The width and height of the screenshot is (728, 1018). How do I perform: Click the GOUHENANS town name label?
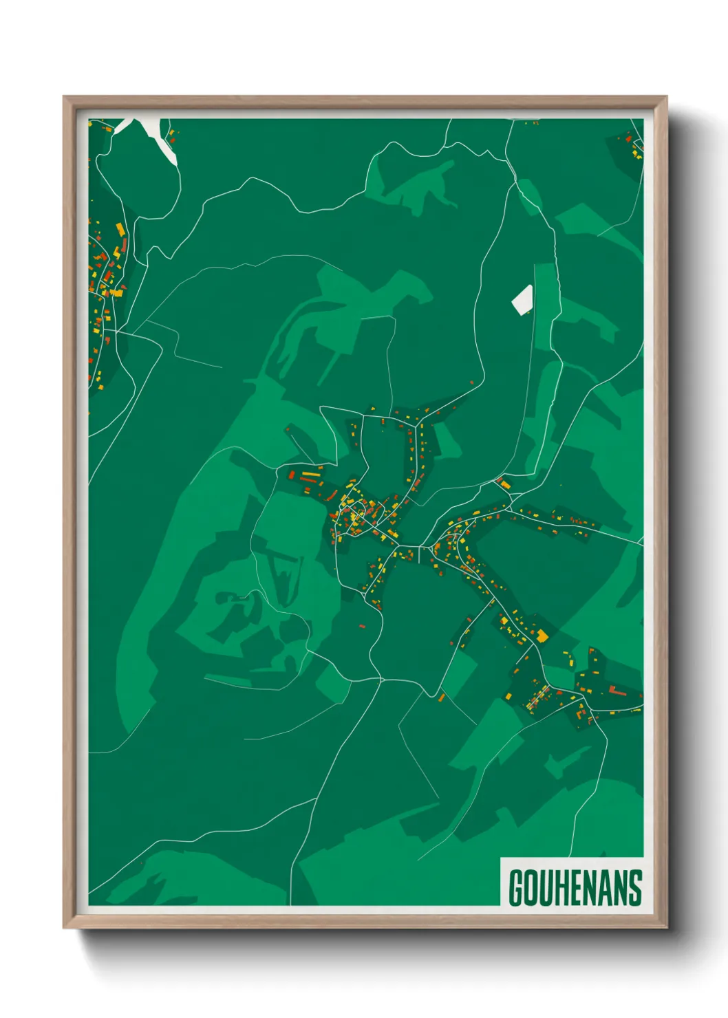[x=575, y=887]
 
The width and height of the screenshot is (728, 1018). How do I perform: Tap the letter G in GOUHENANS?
[x=516, y=887]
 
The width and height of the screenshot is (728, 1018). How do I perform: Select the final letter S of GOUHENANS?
[x=634, y=887]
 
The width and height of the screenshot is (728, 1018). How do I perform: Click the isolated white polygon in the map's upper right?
[x=523, y=299]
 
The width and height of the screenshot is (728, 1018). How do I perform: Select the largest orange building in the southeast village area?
[x=542, y=636]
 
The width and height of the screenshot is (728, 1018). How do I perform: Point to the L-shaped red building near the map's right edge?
[x=614, y=690]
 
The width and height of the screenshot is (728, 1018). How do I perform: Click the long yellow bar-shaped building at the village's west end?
[x=310, y=473]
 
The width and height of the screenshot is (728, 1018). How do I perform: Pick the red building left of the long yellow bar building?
[x=292, y=475]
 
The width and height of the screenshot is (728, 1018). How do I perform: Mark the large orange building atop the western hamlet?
[x=120, y=229]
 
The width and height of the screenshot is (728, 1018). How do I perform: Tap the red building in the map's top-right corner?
[x=628, y=138]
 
